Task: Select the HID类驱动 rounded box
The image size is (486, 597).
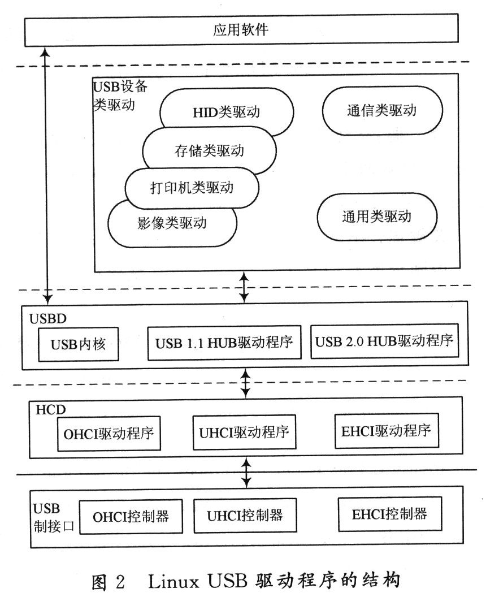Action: click(x=226, y=111)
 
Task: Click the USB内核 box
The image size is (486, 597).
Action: click(x=79, y=343)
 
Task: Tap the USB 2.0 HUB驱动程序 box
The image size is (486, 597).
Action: click(x=384, y=342)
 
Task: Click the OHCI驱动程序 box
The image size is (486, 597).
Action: click(x=107, y=434)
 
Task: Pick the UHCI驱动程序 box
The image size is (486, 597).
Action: click(x=244, y=432)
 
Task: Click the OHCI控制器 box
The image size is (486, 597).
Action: click(x=131, y=516)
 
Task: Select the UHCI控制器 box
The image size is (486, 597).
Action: click(x=244, y=515)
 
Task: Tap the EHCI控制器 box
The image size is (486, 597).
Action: click(x=389, y=514)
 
